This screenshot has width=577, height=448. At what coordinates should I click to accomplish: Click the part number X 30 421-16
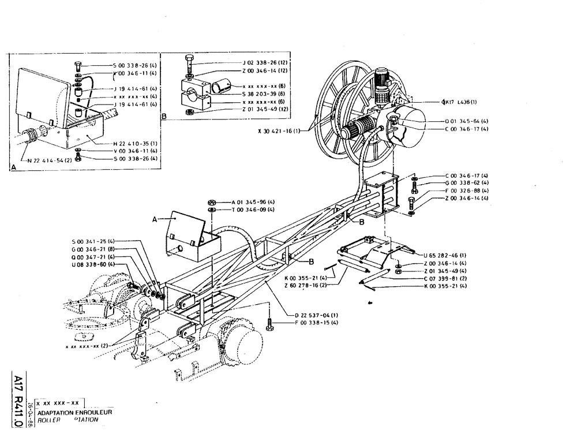coord(279,131)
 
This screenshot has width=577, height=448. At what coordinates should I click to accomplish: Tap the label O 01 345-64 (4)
coord(466,121)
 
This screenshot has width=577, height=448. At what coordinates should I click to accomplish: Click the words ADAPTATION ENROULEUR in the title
coord(74,413)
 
